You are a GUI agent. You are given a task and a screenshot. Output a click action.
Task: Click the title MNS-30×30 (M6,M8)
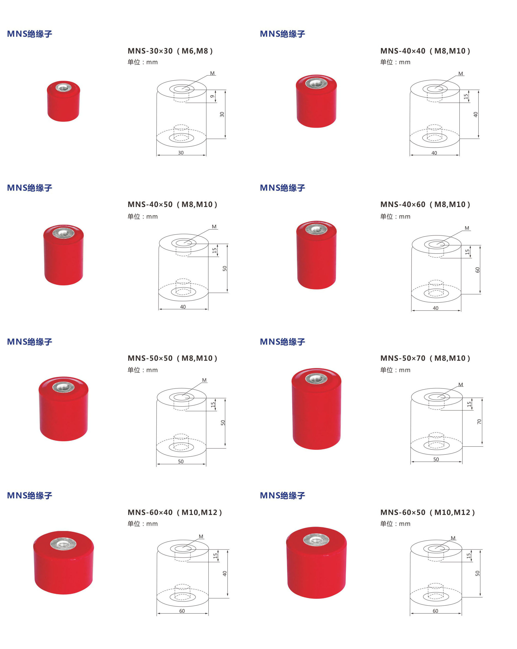(170, 51)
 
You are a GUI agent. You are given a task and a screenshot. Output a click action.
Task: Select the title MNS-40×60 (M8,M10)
(425, 204)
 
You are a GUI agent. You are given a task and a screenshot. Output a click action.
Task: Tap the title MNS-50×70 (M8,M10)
(425, 358)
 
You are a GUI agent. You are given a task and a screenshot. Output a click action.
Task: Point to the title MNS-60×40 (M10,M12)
(175, 512)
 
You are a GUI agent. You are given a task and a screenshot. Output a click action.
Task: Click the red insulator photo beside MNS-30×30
(63, 101)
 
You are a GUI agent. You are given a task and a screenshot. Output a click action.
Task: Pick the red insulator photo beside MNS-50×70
(316, 409)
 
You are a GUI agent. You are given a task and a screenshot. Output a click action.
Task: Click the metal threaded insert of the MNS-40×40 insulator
(316, 83)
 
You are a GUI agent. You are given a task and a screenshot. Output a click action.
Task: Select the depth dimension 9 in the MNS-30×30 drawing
(212, 96)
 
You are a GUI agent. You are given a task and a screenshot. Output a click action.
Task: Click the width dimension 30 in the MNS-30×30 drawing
(181, 153)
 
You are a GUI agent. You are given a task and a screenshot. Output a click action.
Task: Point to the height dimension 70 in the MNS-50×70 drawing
(479, 422)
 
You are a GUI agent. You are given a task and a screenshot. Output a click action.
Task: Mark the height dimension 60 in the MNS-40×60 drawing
(477, 270)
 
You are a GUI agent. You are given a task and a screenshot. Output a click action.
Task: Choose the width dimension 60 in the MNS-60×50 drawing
(435, 611)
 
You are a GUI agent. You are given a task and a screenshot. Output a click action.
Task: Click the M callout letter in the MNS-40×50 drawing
(214, 227)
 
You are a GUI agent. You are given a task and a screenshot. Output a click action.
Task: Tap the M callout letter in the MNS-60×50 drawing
(453, 538)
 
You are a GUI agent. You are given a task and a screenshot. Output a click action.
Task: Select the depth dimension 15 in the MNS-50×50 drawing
(213, 405)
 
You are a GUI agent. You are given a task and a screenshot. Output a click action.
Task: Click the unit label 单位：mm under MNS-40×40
(395, 62)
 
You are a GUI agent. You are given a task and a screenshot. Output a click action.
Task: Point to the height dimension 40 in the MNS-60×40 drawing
(224, 574)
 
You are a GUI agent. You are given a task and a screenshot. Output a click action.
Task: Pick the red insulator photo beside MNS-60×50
(316, 562)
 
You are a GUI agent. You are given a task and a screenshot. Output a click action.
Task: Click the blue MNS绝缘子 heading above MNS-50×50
(30, 342)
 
